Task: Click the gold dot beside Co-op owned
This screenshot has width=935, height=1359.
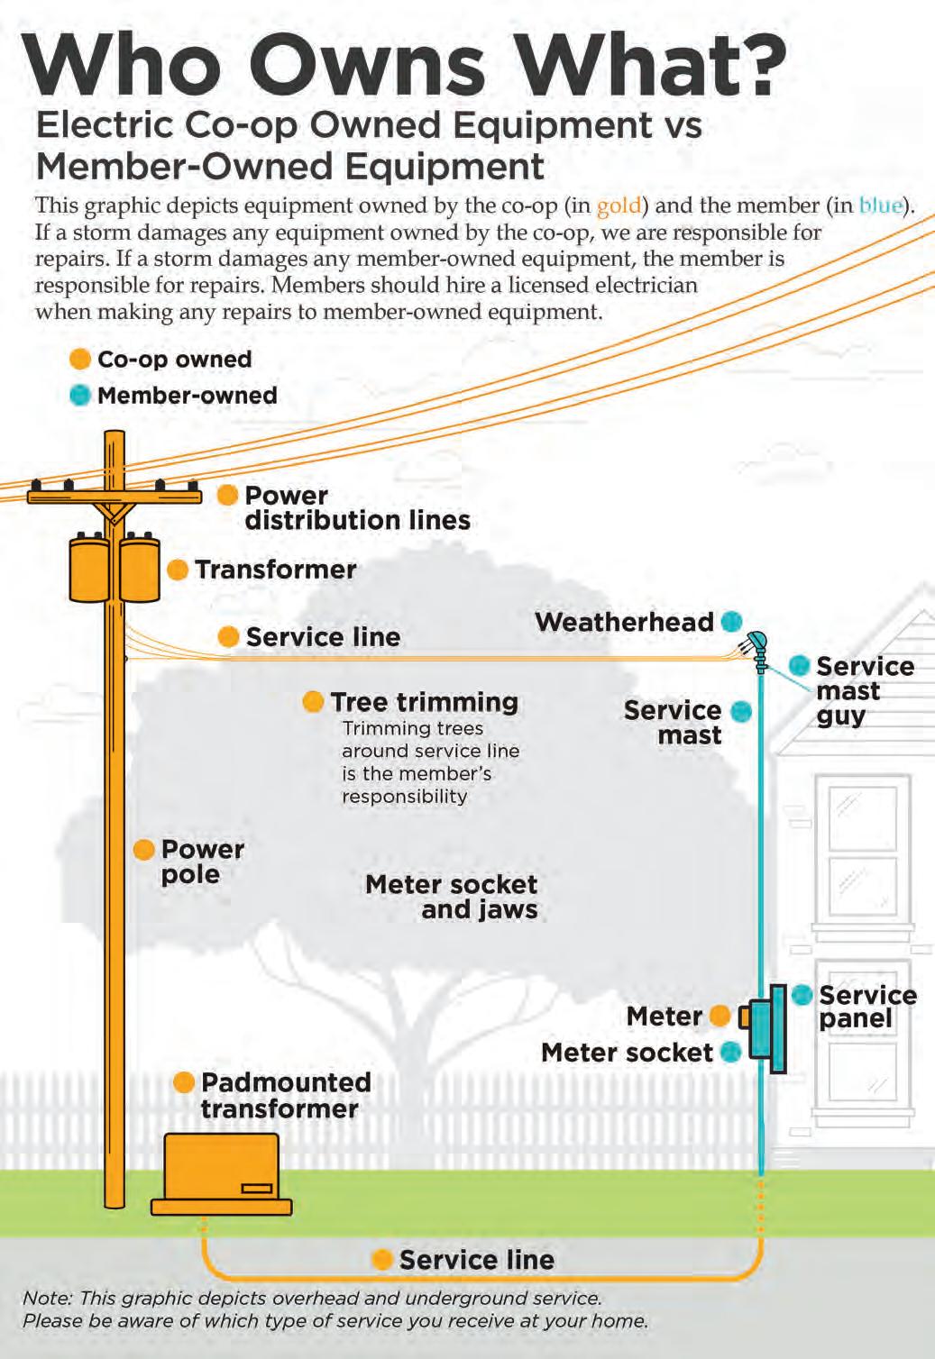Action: click(x=80, y=359)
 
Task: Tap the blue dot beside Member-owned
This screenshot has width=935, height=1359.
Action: click(x=80, y=395)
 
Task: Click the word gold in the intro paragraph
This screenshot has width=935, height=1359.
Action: click(x=619, y=205)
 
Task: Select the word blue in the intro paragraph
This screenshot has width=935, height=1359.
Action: click(x=880, y=205)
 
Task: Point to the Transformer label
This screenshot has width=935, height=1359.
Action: click(x=275, y=570)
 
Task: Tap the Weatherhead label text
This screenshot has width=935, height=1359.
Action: click(x=624, y=622)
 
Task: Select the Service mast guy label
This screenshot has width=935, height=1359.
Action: click(x=864, y=691)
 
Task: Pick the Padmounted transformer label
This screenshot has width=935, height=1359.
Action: click(x=285, y=1095)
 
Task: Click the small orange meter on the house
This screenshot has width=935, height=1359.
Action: click(x=744, y=1017)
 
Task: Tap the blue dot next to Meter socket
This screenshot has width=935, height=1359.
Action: click(x=731, y=1052)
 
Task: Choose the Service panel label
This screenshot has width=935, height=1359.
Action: click(x=866, y=1007)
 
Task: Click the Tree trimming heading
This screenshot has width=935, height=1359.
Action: click(x=424, y=702)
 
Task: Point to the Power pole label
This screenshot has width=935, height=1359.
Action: click(x=202, y=862)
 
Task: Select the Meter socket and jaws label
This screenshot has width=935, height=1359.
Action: click(x=452, y=897)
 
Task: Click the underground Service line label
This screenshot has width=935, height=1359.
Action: click(x=476, y=1260)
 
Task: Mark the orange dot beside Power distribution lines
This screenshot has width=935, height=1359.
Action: click(x=228, y=495)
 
